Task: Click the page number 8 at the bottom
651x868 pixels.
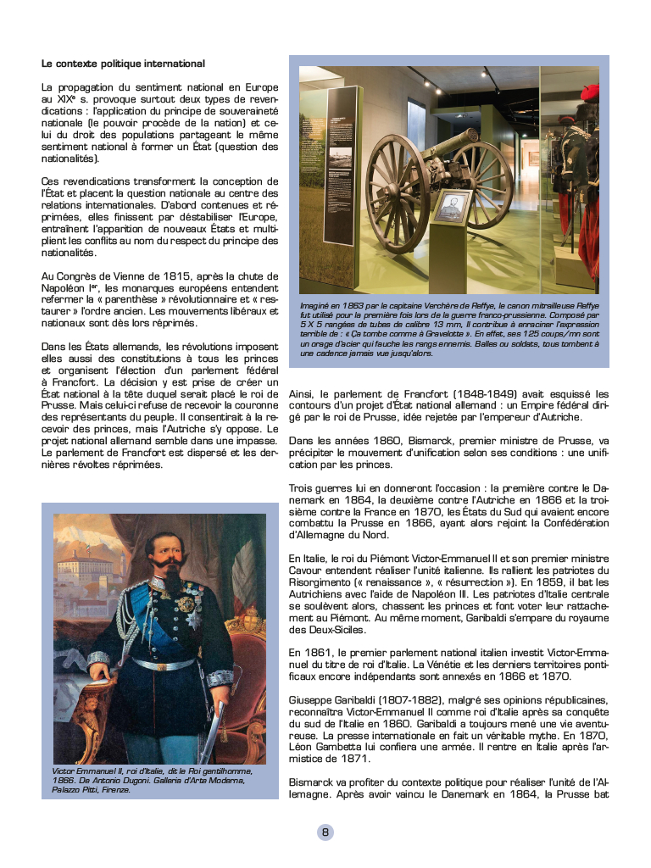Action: pyautogui.click(x=325, y=832)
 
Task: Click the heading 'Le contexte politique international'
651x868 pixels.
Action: pyautogui.click(x=123, y=64)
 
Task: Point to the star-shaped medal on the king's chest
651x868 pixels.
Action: pyautogui.click(x=185, y=604)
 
